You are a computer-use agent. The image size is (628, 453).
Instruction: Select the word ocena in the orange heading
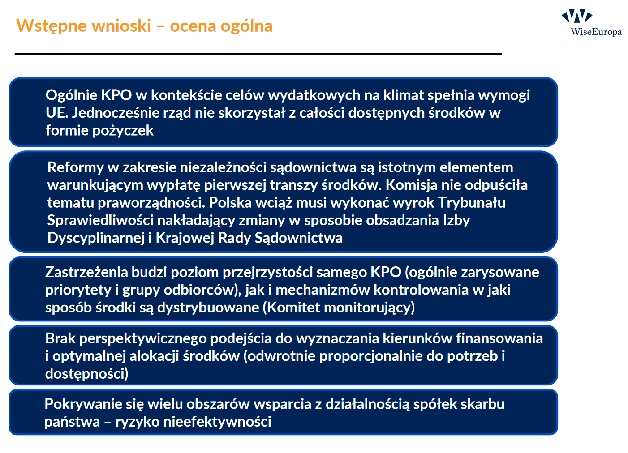pos(193,26)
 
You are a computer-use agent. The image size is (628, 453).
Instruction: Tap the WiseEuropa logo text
pos(596,32)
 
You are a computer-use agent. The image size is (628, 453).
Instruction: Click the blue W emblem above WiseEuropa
pos(576,15)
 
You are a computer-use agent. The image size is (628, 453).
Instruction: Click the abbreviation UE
pos(56,113)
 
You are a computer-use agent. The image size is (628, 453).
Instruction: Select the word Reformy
pos(75,167)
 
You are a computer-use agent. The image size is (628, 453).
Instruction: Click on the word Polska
pos(230,202)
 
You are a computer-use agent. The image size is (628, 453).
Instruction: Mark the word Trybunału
pos(472,202)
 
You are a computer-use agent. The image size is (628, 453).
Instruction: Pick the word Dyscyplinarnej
pos(96,238)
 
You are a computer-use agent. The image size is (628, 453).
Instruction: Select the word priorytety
pos(78,290)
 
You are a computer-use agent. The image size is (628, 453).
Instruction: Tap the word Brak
pos(60,338)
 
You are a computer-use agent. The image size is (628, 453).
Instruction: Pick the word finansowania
pos(499,338)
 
